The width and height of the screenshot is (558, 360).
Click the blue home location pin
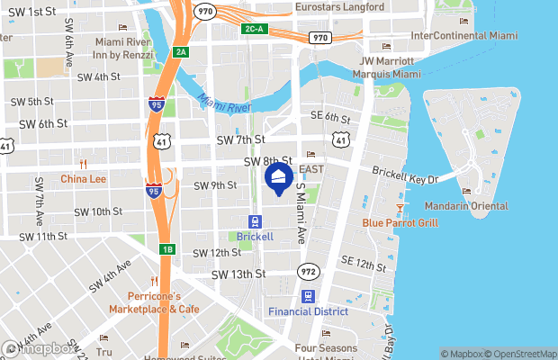[x=279, y=176]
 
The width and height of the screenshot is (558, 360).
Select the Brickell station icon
[x=255, y=221]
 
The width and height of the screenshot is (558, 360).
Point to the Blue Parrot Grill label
[x=400, y=222]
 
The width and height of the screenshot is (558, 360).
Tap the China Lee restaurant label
[x=84, y=179]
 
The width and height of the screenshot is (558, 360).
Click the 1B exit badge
[x=166, y=248]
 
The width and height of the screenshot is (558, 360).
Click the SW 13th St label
[x=238, y=274]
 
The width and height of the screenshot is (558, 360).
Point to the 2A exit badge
[x=181, y=52]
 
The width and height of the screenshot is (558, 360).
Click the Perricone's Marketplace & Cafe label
[x=154, y=302]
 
